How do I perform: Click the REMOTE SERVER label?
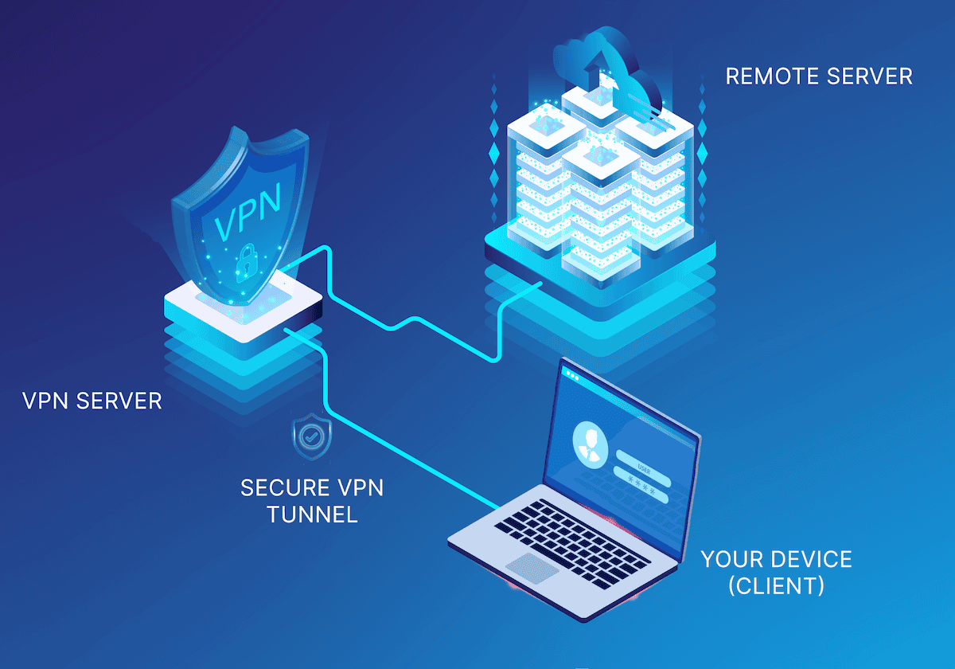tap(819, 76)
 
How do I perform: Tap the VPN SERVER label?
tap(92, 401)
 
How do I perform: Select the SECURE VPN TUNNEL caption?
tap(312, 501)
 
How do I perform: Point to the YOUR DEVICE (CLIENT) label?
tap(777, 572)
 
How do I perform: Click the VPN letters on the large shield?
tap(248, 212)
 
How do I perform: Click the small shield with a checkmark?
tap(312, 436)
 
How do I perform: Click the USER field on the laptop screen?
tap(644, 468)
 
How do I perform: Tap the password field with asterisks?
tap(641, 484)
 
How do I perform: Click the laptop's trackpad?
tap(532, 569)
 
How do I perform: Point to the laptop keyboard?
tap(572, 545)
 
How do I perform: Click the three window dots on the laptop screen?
tap(572, 376)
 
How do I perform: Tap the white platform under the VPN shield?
tap(243, 308)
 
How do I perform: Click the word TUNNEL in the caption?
tap(312, 514)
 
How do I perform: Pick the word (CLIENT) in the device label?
tap(776, 585)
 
